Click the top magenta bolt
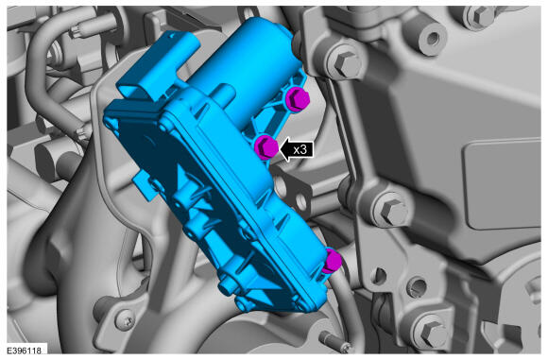[x=298, y=98]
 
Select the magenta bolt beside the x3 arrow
[x=266, y=147]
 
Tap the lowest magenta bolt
[x=331, y=261]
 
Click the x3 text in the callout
[x=300, y=149]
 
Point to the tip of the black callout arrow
[x=280, y=149]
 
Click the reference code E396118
[x=24, y=351]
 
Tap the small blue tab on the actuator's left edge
[x=144, y=185]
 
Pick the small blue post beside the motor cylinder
[x=223, y=94]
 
